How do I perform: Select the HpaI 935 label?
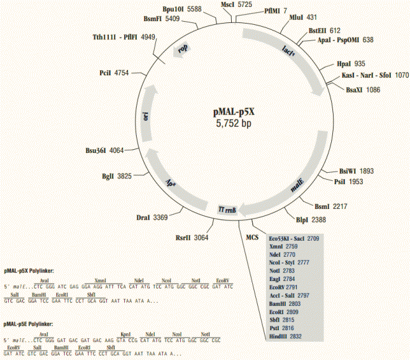point(351,63)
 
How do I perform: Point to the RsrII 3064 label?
point(192,238)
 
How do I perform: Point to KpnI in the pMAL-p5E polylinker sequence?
point(124,335)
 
